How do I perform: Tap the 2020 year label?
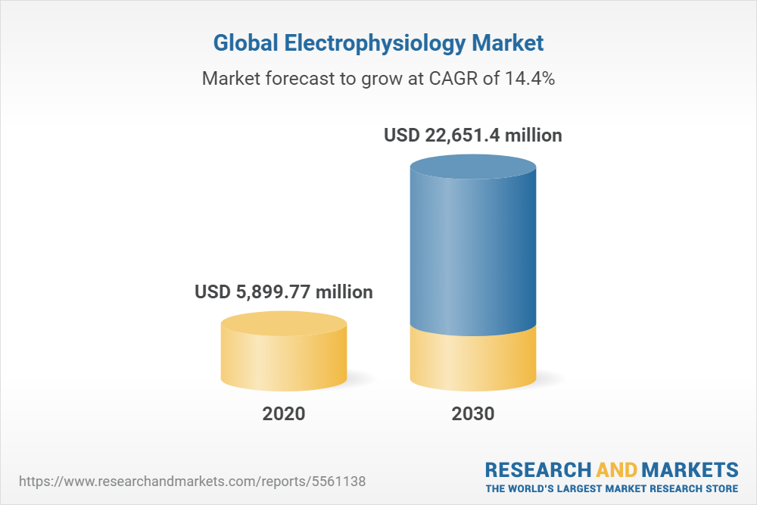pyautogui.click(x=284, y=414)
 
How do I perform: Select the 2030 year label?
pyautogui.click(x=473, y=414)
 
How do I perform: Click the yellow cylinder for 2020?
pyautogui.click(x=284, y=356)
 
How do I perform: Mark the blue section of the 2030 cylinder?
pyautogui.click(x=473, y=250)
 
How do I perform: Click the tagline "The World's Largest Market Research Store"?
pyautogui.click(x=612, y=488)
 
